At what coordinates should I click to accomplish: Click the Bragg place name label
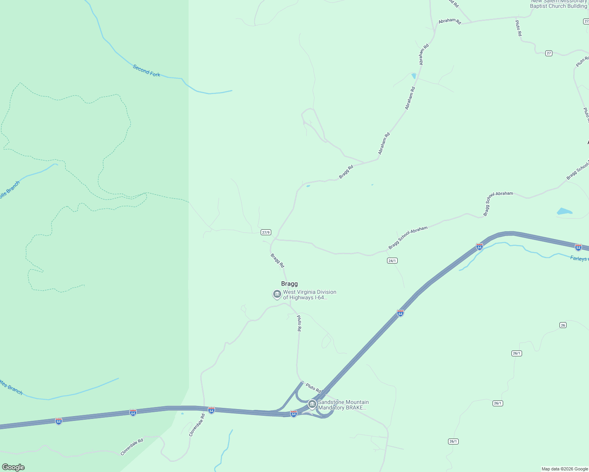[289, 284]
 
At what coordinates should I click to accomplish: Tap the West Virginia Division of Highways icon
[277, 294]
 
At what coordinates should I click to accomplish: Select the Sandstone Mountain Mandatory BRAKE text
[343, 405]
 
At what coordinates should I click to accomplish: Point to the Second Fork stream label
[146, 70]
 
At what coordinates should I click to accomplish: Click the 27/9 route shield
[266, 232]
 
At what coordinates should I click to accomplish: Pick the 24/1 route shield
[392, 261]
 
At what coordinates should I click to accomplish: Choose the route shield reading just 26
[563, 325]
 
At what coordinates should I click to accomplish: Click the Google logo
[13, 467]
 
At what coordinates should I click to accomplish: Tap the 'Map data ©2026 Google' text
[564, 469]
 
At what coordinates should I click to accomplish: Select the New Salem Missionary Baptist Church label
[558, 4]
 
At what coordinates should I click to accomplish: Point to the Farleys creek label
[579, 258]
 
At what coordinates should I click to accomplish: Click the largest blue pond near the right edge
[564, 212]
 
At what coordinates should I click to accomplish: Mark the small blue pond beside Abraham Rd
[414, 76]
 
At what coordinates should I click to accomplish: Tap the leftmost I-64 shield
[59, 421]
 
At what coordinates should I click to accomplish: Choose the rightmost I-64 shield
[578, 247]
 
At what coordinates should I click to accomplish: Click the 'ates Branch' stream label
[11, 387]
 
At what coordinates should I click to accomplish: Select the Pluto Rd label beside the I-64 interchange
[313, 388]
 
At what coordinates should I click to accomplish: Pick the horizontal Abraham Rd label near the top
[450, 21]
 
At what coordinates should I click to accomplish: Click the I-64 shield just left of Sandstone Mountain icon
[293, 414]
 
